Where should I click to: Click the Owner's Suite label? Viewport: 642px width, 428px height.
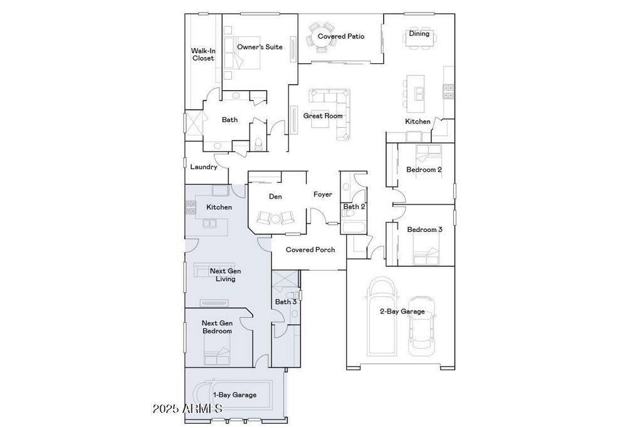click(x=260, y=47)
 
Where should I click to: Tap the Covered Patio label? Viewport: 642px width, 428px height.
click(x=341, y=36)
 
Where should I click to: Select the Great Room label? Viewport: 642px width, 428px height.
click(x=323, y=116)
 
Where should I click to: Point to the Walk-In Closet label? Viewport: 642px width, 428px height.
click(x=203, y=55)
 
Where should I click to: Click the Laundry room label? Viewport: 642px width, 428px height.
click(x=204, y=167)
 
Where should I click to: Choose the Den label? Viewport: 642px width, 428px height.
click(x=275, y=196)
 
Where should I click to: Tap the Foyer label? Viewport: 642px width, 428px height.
click(x=323, y=194)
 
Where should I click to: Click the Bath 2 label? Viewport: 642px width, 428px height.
click(x=354, y=207)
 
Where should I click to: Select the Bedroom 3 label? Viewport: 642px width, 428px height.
click(x=424, y=229)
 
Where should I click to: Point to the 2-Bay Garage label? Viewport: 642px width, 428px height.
click(x=402, y=311)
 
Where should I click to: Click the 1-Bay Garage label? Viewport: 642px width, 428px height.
click(x=234, y=395)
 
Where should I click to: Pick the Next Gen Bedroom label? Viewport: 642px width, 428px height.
click(x=217, y=327)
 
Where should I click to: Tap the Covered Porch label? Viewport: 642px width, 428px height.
click(x=310, y=249)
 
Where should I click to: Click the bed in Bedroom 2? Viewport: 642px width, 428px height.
click(x=428, y=154)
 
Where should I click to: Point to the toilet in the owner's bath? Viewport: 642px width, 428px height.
click(x=258, y=144)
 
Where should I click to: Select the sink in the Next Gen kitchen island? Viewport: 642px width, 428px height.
click(x=209, y=224)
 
